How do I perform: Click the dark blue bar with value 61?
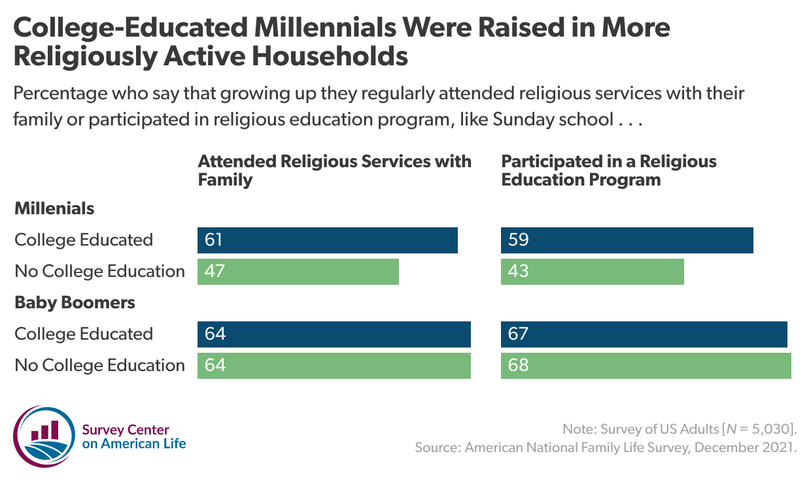point(327,240)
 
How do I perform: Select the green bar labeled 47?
point(298,272)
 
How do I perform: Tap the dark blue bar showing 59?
point(627,240)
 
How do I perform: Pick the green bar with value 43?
point(592,272)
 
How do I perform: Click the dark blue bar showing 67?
point(644,334)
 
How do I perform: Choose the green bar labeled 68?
point(646,366)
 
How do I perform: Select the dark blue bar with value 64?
point(334,334)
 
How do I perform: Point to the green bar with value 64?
point(334,366)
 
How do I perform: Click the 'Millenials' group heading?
point(54,209)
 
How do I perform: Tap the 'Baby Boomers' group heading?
point(75,303)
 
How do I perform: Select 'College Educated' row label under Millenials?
point(84,240)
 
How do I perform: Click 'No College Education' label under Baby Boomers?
point(99,366)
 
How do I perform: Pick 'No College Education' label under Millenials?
point(99,272)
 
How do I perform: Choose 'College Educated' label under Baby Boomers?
point(84,334)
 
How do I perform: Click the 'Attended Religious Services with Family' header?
point(334,170)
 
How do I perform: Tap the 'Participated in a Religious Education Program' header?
point(608,170)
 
